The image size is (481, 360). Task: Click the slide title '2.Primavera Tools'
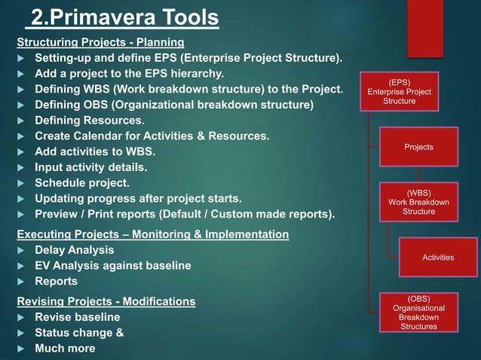[x=124, y=17]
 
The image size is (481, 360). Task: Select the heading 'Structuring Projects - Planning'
[x=100, y=41]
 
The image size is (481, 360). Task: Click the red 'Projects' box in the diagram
[x=418, y=147]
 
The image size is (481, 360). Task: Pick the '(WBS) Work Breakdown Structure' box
[x=418, y=202]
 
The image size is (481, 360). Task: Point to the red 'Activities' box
[x=438, y=258]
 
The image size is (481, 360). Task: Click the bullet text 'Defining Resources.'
[x=90, y=121]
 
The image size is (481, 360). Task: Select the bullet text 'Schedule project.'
[x=82, y=183]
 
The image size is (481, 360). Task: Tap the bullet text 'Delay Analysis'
[x=75, y=250]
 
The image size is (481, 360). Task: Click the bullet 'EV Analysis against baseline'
[x=113, y=266]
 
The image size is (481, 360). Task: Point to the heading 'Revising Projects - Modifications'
[x=106, y=301]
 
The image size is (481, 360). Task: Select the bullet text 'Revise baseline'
[x=78, y=317]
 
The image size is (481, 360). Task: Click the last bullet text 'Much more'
[x=65, y=349]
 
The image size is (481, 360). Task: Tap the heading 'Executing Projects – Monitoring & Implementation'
[x=152, y=234]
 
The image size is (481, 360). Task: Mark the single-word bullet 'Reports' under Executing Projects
[x=56, y=282]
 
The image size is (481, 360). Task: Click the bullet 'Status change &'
[x=79, y=333]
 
